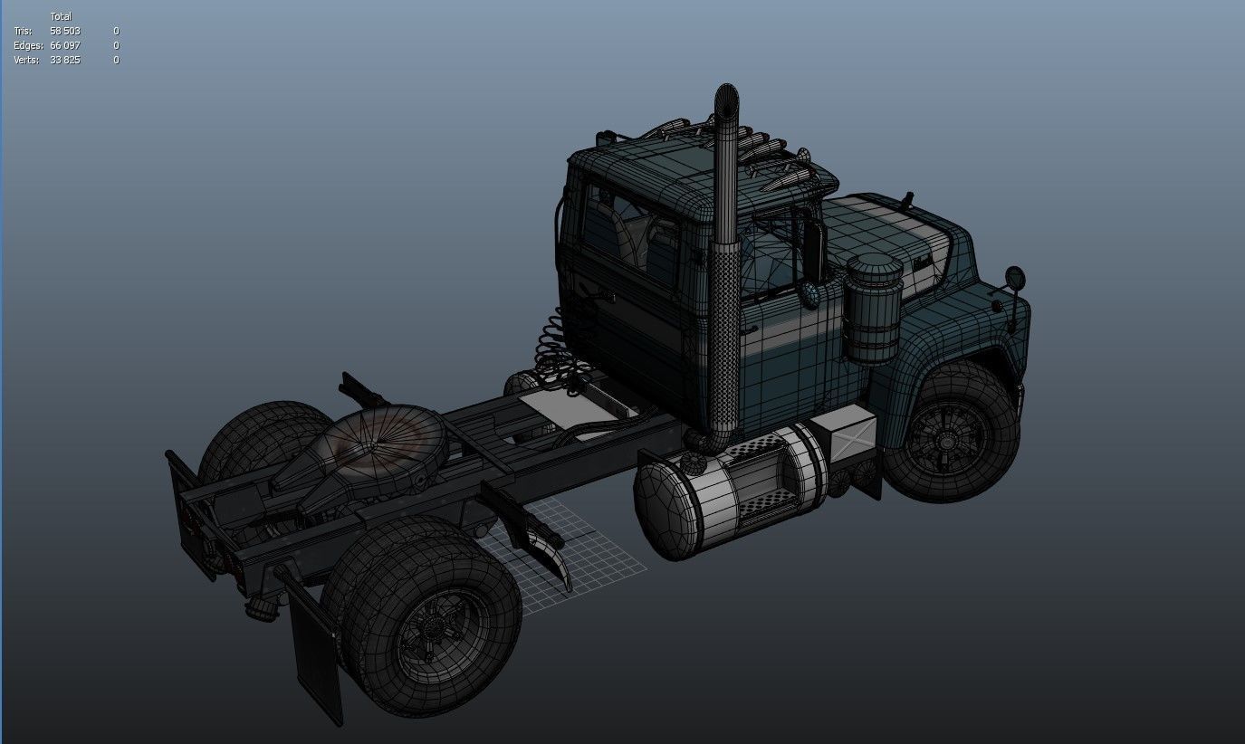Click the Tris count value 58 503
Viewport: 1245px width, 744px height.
coord(65,31)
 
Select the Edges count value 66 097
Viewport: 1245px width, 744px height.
coord(65,45)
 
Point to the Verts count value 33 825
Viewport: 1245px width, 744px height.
coord(65,60)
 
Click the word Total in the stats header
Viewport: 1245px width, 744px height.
coord(61,16)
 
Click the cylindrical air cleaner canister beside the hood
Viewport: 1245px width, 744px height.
coord(873,308)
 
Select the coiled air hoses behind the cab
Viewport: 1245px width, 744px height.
coord(553,348)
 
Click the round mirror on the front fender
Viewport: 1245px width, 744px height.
coord(1013,277)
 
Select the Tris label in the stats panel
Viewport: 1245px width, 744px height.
coord(23,31)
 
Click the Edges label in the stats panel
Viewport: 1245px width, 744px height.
coord(28,45)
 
